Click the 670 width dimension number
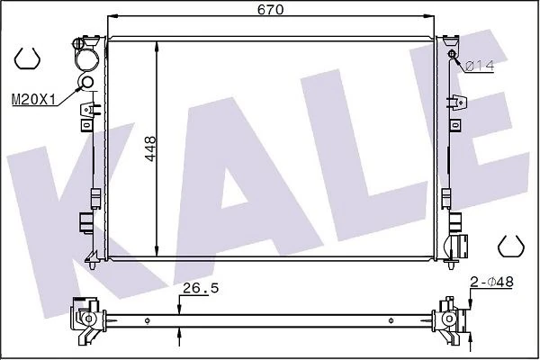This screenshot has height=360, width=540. pyautogui.click(x=270, y=9)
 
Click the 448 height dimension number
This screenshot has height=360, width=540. pyautogui.click(x=150, y=148)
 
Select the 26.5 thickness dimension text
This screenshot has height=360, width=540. pyautogui.click(x=201, y=288)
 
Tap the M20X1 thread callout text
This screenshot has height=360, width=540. pyautogui.click(x=33, y=100)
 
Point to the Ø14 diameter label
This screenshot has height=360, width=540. pyautogui.click(x=480, y=66)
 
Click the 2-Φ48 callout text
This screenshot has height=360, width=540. pyautogui.click(x=491, y=282)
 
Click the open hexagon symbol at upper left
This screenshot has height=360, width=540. pyautogui.click(x=27, y=58)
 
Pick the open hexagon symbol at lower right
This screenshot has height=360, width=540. pyautogui.click(x=511, y=246)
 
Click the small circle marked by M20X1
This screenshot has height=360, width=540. pyautogui.click(x=87, y=82)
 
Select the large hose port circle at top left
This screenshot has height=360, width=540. pyautogui.click(x=86, y=59)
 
